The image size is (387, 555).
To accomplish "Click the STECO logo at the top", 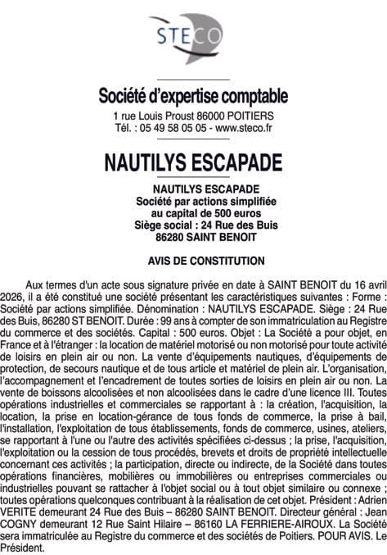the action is point(193,37).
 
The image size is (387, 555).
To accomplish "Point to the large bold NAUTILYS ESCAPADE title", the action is point(193,162).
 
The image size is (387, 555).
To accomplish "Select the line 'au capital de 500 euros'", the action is point(193,213).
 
